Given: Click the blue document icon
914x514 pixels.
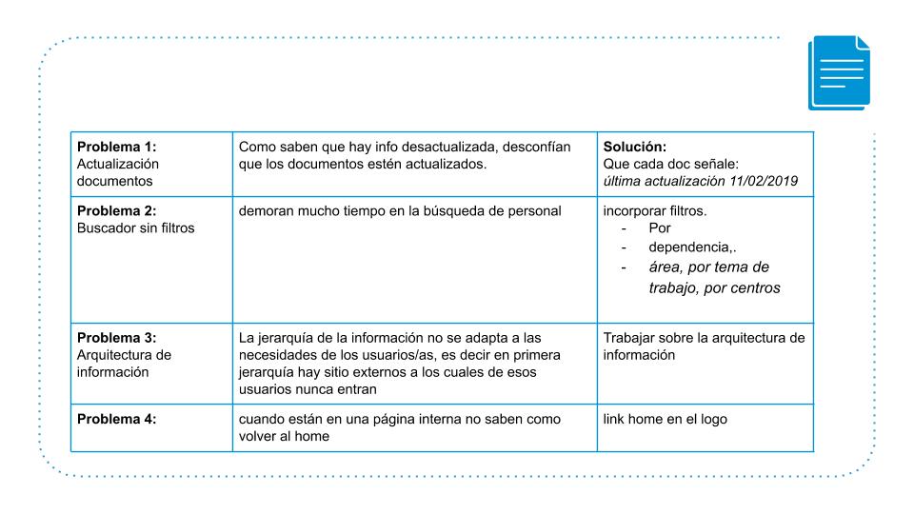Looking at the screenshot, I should click(838, 73).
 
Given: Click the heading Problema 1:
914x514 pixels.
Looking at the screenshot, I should click(115, 147).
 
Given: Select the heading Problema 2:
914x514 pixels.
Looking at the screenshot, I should click(115, 211).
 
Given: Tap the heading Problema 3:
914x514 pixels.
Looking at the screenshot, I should click(115, 338).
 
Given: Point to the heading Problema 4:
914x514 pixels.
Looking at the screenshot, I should click(115, 420).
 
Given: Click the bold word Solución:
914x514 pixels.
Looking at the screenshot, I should click(635, 147).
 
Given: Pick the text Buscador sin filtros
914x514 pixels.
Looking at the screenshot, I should click(135, 228).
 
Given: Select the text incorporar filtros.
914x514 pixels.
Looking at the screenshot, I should click(655, 211).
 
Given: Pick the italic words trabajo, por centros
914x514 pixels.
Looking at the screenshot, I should click(714, 287).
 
